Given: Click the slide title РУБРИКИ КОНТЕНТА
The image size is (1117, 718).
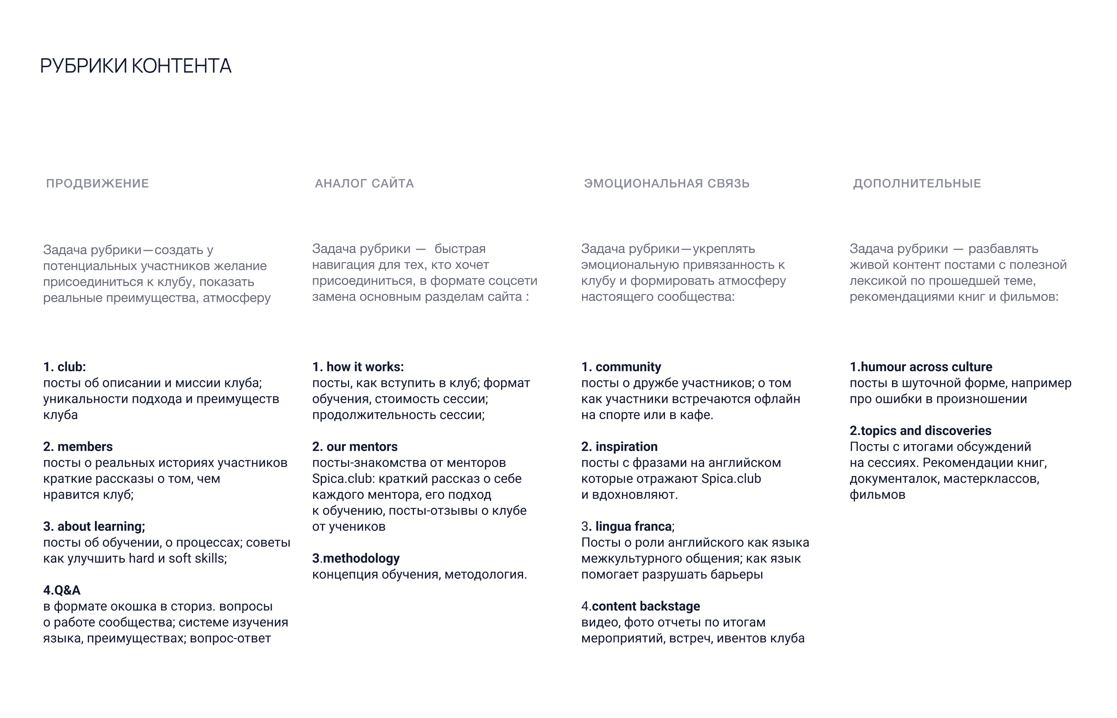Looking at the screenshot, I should pos(136,66).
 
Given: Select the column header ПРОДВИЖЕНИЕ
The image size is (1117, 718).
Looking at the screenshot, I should pos(97,183).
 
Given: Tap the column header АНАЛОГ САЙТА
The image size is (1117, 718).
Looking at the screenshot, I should pos(364,183).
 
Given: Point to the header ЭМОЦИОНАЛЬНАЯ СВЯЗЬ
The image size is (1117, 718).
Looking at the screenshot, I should pos(667,183).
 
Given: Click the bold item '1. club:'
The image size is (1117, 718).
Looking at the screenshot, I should pos(65,367).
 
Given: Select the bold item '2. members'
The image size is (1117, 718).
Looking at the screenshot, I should pos(78,447).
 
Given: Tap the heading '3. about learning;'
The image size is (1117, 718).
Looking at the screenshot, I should pos(94,527).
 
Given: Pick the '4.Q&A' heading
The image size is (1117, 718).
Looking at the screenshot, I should pos(62,590).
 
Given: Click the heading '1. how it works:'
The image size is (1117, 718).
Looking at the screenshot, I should pos(358,367).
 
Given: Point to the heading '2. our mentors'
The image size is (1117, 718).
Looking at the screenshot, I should pos(355,447).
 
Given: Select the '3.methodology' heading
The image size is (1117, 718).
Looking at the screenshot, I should pos(356,558).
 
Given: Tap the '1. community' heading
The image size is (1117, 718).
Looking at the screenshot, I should pos(621,367).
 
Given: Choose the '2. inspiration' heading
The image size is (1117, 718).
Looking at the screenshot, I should pos(619,447).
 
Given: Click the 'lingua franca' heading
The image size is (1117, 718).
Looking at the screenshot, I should pos(633,527).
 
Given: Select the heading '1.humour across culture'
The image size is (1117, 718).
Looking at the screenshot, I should pos(921,367).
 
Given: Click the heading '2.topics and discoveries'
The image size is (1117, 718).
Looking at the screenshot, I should pos(920,431).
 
